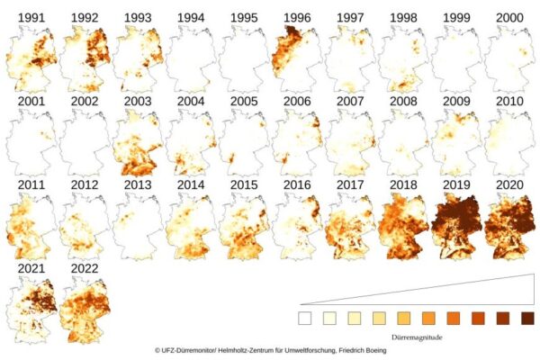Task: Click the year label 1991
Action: tap(31, 18)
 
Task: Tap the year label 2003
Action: tap(138, 102)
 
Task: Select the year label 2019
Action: tap(456, 185)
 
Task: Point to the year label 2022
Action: tap(85, 268)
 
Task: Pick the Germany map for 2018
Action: tap(403, 226)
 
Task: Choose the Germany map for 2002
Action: tap(85, 142)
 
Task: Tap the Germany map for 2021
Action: tap(31, 310)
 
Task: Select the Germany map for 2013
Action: tap(138, 226)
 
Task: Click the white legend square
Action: tap(305, 319)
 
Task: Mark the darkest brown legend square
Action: tap(527, 319)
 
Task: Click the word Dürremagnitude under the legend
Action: tap(417, 337)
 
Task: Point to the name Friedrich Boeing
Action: tap(363, 350)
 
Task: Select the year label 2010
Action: tap(509, 102)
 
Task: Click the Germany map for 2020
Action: tap(509, 226)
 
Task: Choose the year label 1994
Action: tap(191, 18)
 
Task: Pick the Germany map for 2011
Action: tap(31, 226)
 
